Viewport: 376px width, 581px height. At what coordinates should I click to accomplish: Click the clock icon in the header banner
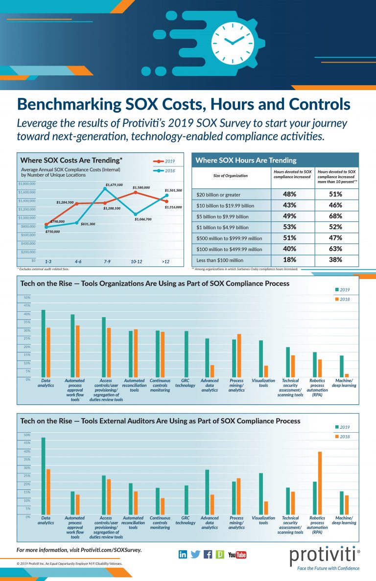point(233,40)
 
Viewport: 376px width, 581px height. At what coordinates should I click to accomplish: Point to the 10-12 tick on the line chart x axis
point(137,262)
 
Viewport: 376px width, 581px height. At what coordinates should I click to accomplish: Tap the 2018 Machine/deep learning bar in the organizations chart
point(347,376)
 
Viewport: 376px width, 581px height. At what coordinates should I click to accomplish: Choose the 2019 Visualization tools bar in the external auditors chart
point(261,494)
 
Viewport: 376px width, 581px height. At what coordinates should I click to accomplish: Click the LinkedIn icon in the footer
point(183,554)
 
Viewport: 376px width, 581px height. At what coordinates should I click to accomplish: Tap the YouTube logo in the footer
point(237,555)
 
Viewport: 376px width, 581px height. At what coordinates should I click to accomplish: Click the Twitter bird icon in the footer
point(195,554)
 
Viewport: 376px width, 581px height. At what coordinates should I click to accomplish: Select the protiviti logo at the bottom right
point(325,556)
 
